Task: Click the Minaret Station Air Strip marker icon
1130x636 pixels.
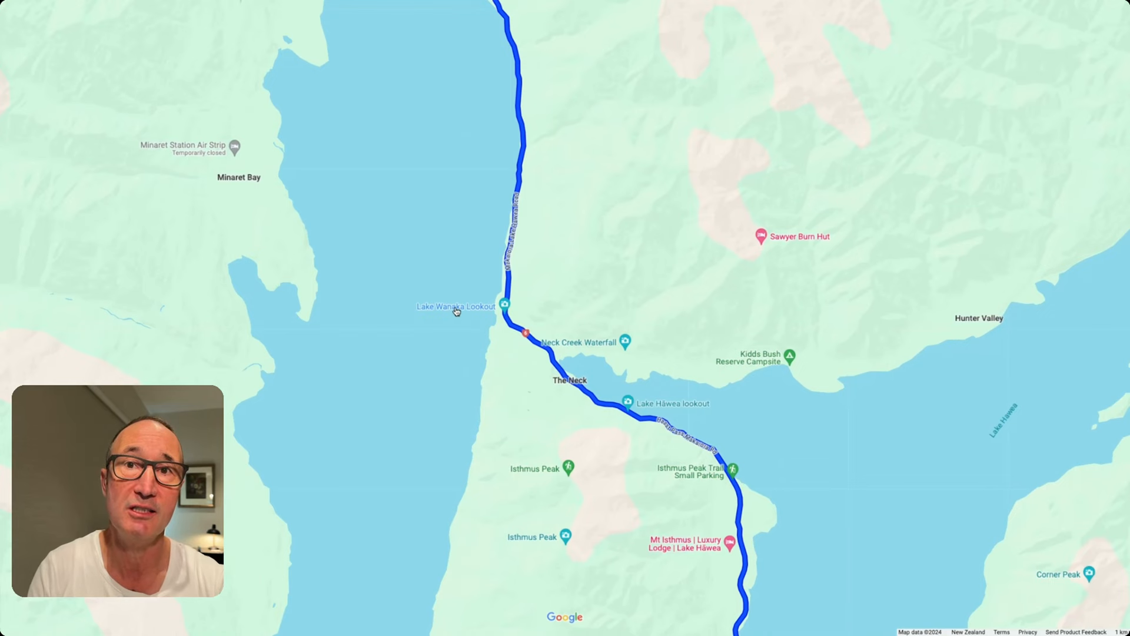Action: [x=235, y=147]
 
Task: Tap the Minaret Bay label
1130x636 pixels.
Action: [x=238, y=177]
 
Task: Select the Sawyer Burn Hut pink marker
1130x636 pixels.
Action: [x=760, y=236]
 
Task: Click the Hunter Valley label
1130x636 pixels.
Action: [x=979, y=318]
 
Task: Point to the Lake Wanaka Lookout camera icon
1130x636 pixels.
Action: [x=504, y=304]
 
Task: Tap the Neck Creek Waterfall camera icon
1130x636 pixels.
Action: [x=625, y=341]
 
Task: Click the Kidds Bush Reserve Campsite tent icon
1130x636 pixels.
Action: [x=789, y=356]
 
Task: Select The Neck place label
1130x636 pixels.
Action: [x=569, y=380]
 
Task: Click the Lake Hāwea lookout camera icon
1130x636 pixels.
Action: [x=627, y=402]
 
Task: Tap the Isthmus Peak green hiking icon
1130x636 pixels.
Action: [x=568, y=468]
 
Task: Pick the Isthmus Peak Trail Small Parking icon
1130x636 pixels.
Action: [x=732, y=469]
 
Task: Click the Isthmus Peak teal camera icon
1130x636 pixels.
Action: [x=566, y=536]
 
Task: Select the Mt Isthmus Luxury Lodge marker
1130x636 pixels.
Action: [x=730, y=542]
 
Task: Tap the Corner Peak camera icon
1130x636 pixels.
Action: [x=1089, y=573]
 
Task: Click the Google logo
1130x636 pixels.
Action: [x=564, y=617]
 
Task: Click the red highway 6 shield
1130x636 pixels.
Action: [x=526, y=333]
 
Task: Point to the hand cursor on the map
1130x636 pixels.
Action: [x=457, y=312]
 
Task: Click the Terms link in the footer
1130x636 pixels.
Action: [x=1001, y=632]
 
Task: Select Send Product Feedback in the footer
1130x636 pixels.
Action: [x=1075, y=632]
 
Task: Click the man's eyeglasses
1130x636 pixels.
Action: [x=147, y=470]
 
